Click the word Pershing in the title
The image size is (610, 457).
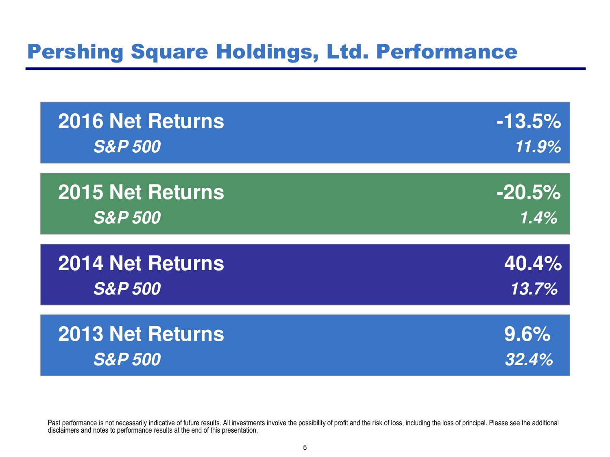[75, 52]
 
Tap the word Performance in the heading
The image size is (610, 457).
[447, 52]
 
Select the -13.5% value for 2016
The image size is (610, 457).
[529, 121]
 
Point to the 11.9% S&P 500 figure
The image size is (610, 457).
[538, 147]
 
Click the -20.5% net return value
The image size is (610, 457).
[529, 192]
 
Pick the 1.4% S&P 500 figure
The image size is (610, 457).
[538, 218]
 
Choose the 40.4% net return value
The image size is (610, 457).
[533, 263]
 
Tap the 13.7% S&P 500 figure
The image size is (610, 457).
[534, 288]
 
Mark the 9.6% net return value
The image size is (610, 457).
[527, 334]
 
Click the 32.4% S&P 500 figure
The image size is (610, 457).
[529, 360]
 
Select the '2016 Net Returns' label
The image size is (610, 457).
[141, 121]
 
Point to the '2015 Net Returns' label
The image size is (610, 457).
[141, 192]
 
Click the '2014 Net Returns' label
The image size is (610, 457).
[141, 263]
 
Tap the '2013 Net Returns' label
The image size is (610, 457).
[141, 334]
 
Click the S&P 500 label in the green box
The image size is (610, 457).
[127, 218]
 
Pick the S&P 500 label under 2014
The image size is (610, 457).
[127, 288]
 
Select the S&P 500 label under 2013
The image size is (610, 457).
[127, 360]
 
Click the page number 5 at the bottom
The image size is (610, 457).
[305, 448]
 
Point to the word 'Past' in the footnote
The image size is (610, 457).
[54, 423]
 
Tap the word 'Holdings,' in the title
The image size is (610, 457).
[267, 52]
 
